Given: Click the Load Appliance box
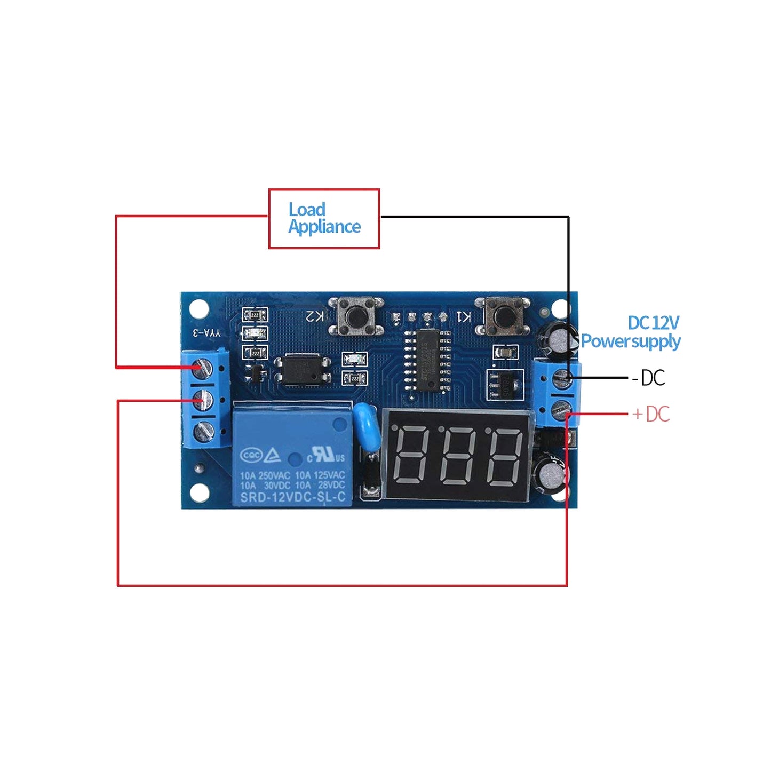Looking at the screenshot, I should pyautogui.click(x=324, y=219).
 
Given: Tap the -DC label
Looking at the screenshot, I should pyautogui.click(x=648, y=378).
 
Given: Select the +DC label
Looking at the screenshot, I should pyautogui.click(x=651, y=414).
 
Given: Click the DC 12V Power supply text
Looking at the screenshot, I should pyautogui.click(x=631, y=332).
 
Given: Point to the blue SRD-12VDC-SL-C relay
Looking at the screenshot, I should pyautogui.click(x=291, y=455).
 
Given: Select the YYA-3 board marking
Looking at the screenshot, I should pyautogui.click(x=206, y=333).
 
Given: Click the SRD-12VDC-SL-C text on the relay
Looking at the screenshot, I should pyautogui.click(x=292, y=498).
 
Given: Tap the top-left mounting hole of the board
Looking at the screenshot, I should pyautogui.click(x=199, y=308).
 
